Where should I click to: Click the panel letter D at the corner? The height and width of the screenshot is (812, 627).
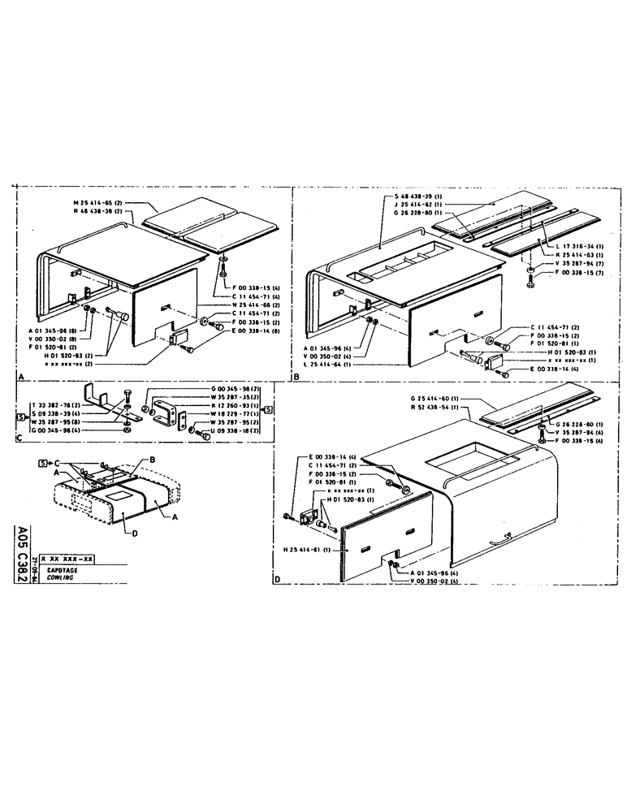pyautogui.click(x=278, y=580)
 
